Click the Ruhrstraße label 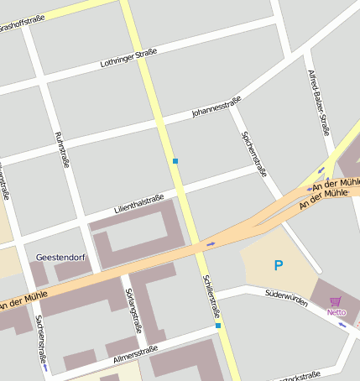click(60, 150)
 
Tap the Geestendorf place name click(57, 257)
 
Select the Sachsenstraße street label click(39, 340)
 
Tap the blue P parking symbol click(279, 266)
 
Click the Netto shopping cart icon click(336, 301)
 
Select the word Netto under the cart click(336, 312)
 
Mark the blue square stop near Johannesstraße click(175, 161)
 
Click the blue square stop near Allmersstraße click(218, 325)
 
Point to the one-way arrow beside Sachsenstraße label click(44, 366)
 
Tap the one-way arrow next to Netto click(342, 324)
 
